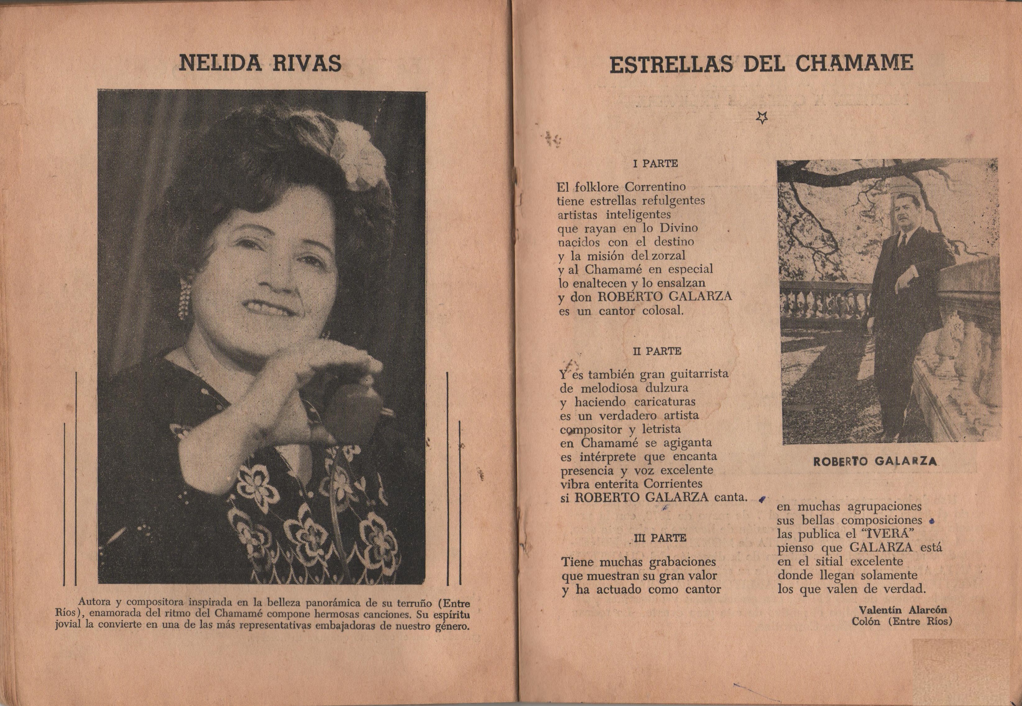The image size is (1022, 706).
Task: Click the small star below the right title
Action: (761, 118)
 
